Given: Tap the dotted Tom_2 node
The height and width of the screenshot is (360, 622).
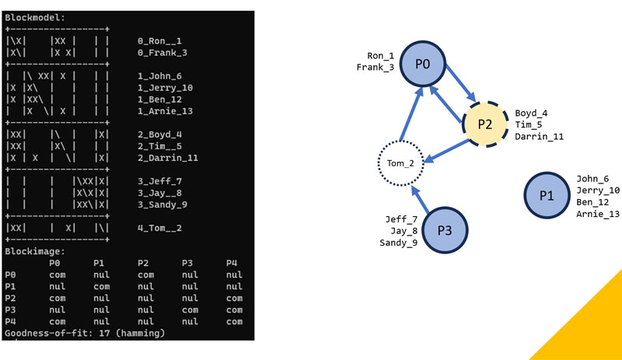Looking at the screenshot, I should coord(400,163).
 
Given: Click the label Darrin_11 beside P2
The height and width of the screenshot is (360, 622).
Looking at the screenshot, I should coord(539,136).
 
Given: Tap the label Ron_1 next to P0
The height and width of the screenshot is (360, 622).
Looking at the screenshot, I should coord(381,56).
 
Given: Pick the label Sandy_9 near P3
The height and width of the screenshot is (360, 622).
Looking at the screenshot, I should coord(398,243).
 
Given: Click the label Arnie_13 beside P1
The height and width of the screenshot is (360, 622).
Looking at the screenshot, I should coord(598,214).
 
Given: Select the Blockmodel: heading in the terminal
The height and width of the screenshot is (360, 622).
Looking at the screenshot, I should coord(36,16).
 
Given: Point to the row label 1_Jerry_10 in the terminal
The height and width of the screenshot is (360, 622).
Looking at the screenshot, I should coord(165,88).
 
